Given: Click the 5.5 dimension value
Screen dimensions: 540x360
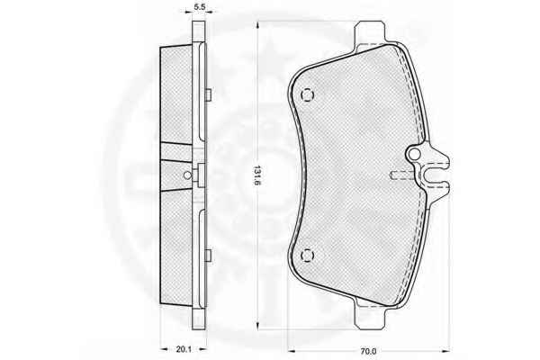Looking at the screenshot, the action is point(199,6).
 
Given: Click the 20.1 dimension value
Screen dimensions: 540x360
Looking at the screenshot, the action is point(184,349).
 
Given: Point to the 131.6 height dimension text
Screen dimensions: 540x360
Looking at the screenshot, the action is point(257,175).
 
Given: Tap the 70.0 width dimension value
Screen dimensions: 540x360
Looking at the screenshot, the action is point(368,351).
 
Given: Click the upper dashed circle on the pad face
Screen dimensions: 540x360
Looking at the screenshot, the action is point(308,94).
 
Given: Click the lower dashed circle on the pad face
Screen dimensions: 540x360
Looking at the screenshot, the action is point(307,256).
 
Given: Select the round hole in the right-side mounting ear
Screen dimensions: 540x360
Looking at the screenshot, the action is point(415,155).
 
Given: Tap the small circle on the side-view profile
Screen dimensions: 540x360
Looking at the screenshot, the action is point(187,175).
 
